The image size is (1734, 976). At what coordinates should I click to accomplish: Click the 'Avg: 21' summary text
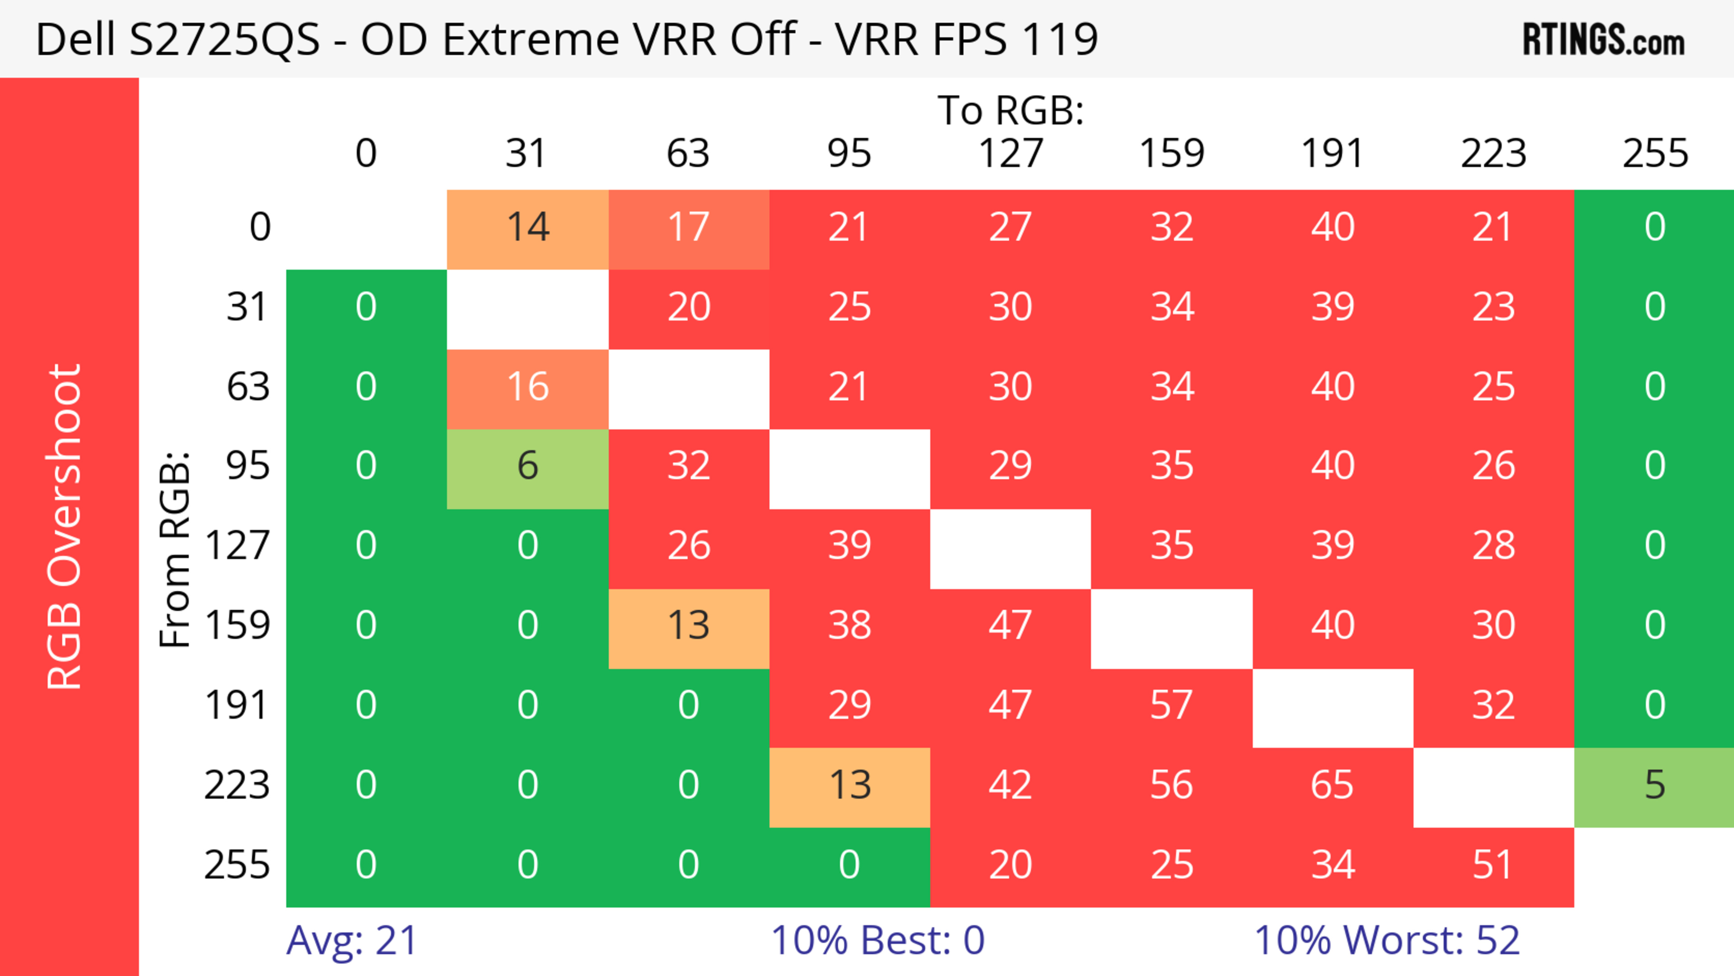[x=351, y=940]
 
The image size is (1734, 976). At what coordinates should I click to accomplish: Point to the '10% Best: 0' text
[x=877, y=940]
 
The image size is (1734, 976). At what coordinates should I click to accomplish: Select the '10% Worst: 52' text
[x=1387, y=940]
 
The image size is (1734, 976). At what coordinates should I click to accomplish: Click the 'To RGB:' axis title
[x=1011, y=110]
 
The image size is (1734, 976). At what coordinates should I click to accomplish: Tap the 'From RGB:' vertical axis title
[x=175, y=549]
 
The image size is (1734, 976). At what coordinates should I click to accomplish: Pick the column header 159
[x=1171, y=154]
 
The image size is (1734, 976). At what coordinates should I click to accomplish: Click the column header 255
[x=1655, y=154]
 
